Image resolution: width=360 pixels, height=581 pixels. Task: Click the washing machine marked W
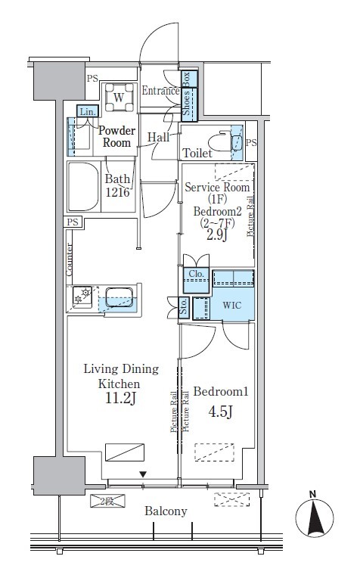119,98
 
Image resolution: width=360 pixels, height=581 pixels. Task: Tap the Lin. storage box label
88,111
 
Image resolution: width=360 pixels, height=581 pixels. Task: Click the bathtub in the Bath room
84,186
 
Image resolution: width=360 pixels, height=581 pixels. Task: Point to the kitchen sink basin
119,297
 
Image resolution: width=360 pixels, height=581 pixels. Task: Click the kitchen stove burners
82,297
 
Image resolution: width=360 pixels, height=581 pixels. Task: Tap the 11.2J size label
120,398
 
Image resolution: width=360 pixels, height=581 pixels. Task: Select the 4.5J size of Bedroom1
220,412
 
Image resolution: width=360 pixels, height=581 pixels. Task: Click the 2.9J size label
216,235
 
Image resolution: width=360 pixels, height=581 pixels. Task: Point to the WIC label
232,306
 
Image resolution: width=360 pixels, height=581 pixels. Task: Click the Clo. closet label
197,274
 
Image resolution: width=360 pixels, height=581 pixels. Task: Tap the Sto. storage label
184,307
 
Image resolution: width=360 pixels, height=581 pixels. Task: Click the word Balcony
166,511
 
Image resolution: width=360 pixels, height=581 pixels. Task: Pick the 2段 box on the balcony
108,501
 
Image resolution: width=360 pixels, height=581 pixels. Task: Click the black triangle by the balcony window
143,474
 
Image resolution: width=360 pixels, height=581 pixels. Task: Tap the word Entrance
161,91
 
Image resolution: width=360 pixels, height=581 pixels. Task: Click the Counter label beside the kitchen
70,259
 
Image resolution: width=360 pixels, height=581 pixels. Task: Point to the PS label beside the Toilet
251,143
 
